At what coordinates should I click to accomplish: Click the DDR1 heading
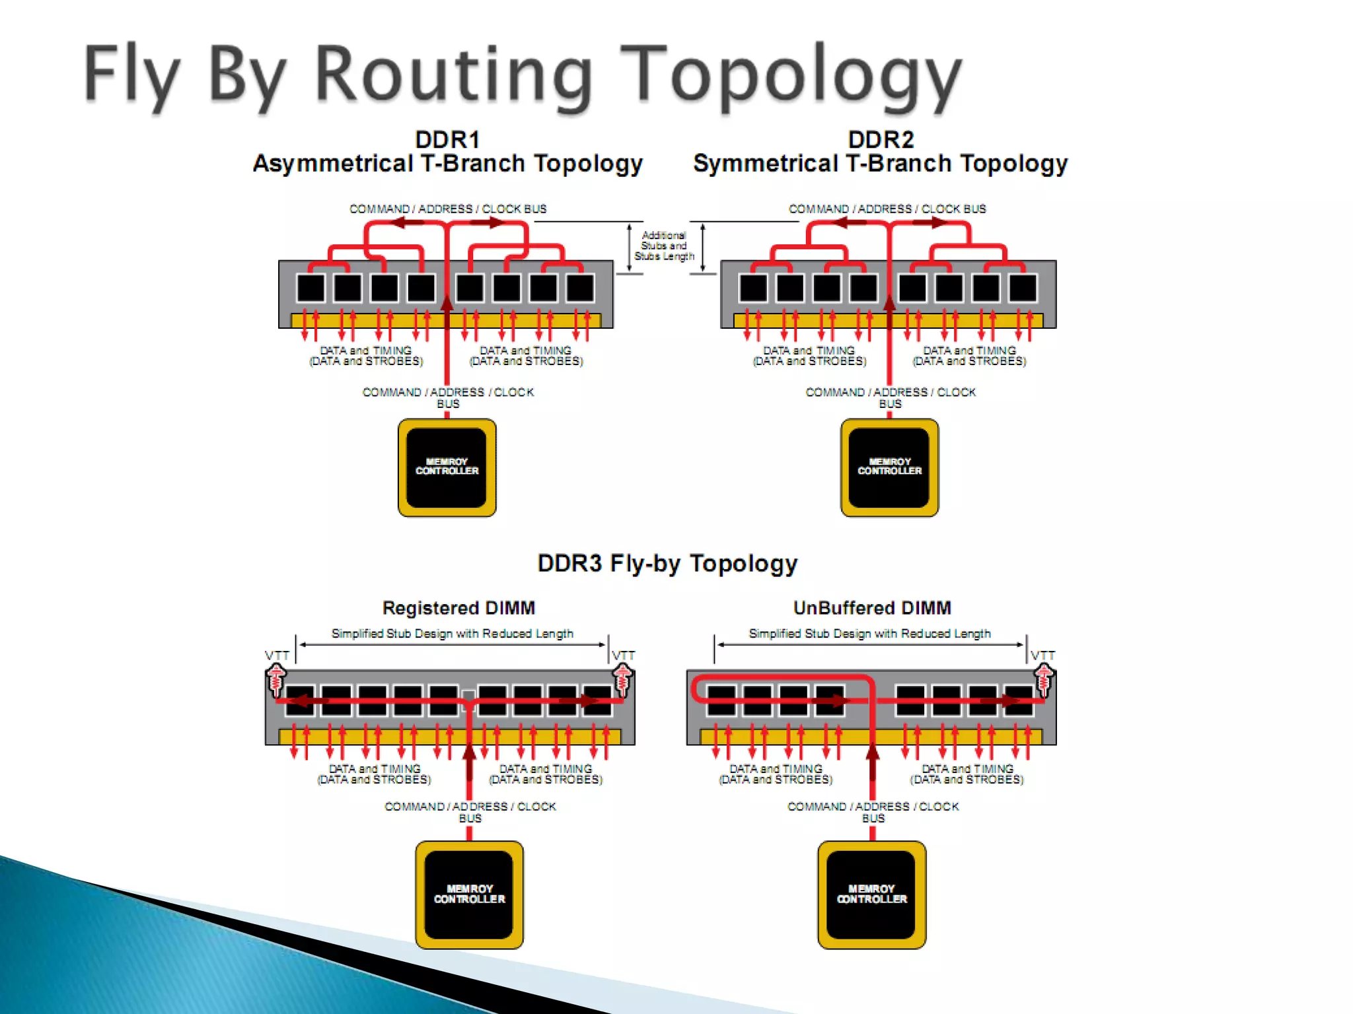pos(447,140)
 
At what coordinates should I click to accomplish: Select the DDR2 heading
pos(881,140)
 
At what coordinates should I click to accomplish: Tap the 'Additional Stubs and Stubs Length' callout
pos(664,246)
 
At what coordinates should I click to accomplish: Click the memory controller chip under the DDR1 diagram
pos(447,467)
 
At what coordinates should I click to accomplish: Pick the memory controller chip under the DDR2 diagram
pos(889,467)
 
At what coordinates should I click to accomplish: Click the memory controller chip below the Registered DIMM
pos(469,895)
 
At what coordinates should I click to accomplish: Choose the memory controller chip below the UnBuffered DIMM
pos(871,895)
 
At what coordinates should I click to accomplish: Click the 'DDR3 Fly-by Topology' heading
pos(667,563)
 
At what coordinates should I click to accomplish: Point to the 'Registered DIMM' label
pos(458,608)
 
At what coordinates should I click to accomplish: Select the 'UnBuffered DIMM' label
pos(872,608)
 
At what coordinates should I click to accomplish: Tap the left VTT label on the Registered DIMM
pos(277,656)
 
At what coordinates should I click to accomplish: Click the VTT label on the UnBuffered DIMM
pos(1042,656)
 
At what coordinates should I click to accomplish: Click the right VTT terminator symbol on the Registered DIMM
pos(622,680)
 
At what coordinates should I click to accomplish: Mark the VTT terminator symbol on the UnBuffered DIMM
pos(1044,680)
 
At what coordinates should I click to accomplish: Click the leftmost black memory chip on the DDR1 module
pos(311,288)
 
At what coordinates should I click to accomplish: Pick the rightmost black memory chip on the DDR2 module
pos(1023,288)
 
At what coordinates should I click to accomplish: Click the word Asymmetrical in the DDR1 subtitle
pos(333,164)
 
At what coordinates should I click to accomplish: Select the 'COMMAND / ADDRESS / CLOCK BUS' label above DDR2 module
pos(887,209)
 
